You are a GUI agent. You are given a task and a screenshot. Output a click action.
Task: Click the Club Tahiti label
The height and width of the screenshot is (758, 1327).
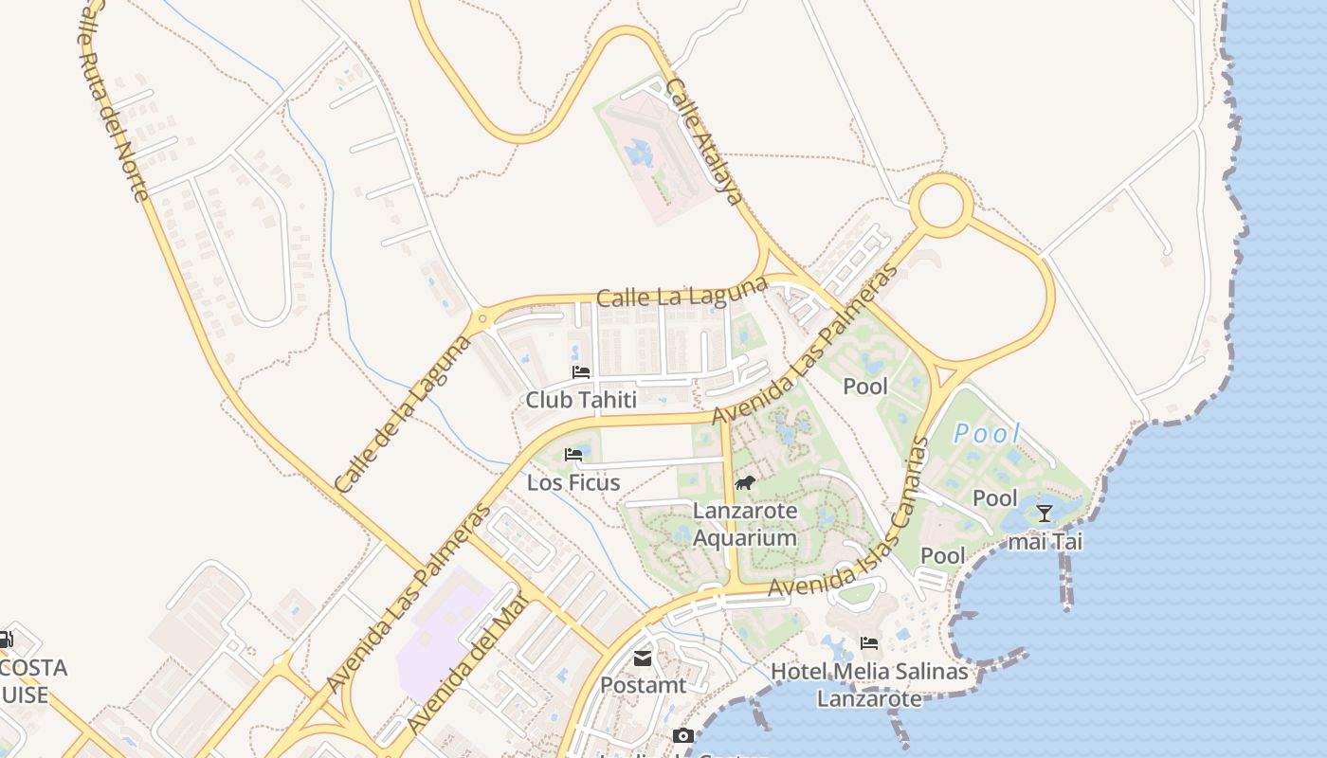pos(581,400)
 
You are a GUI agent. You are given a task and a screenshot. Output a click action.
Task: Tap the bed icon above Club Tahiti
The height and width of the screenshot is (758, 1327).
pos(581,372)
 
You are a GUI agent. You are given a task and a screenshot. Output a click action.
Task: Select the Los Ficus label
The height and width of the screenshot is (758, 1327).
pos(573,483)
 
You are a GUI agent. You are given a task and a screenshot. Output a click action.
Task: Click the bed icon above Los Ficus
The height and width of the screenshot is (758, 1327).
pos(573,455)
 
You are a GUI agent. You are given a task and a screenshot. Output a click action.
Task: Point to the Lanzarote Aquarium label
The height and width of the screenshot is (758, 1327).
pos(745,525)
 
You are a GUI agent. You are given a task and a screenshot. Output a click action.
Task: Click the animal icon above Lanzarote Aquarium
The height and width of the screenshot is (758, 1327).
pos(745,483)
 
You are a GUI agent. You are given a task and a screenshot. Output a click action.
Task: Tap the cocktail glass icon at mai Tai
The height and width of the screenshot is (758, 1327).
pos(1045,514)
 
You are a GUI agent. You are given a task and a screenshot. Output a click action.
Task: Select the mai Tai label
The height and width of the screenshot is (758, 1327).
pos(1045,542)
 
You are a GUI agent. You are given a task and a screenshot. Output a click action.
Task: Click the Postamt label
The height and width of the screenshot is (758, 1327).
pos(643,684)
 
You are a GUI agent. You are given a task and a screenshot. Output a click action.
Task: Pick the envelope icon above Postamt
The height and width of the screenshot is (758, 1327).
pos(643,658)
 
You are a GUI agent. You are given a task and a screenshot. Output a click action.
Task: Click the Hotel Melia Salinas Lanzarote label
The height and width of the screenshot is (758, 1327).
pos(869,685)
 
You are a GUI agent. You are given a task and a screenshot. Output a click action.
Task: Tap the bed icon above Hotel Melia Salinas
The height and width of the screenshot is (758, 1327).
pos(868,644)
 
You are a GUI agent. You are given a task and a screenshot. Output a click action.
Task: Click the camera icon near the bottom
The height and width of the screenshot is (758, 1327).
pos(682,736)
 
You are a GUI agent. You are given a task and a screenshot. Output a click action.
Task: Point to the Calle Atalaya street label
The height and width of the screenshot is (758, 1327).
pos(702,142)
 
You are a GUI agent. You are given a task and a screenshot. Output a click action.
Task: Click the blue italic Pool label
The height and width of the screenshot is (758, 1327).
pos(987,435)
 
